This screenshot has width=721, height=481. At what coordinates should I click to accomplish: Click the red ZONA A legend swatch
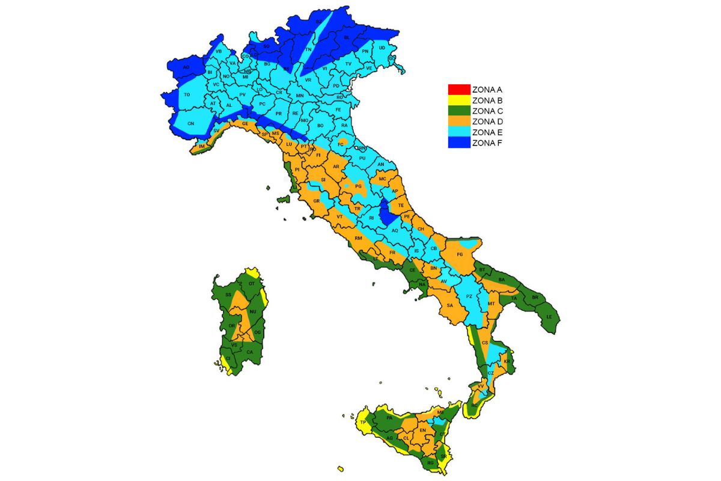pos(458,90)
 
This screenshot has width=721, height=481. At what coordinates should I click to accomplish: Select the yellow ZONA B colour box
pos(458,100)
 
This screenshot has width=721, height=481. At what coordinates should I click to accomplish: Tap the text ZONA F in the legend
pos(487,143)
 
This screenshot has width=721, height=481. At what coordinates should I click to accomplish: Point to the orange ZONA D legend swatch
pos(458,121)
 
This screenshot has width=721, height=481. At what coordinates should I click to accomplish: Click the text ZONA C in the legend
pos(487,111)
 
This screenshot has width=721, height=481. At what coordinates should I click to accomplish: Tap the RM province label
pos(359,239)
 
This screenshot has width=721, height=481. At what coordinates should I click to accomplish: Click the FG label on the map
pos(461,255)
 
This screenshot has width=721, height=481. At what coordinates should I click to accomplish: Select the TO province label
pos(187,95)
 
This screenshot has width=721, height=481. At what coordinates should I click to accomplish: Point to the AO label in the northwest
pos(186,67)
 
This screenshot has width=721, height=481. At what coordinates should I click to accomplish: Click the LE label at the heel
pos(548,316)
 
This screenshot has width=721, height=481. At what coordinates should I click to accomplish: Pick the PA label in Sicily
pos(389,417)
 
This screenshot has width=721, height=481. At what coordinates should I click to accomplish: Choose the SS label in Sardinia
pos(228,295)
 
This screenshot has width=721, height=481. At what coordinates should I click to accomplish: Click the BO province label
pos(320,125)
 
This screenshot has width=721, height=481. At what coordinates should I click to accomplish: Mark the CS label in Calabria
pos(484,343)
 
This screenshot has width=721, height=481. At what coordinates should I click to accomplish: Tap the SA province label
pos(449,305)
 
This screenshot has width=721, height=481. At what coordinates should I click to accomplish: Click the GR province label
pos(316,201)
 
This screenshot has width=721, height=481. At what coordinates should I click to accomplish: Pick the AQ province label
pos(395,230)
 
